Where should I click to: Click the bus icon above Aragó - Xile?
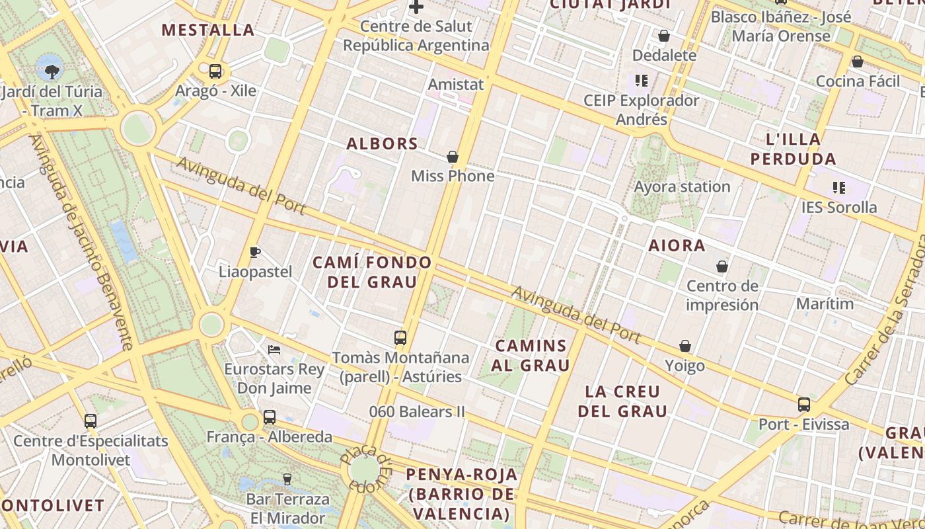[215, 71]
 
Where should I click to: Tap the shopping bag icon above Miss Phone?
[453, 157]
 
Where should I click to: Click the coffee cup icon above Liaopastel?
[255, 252]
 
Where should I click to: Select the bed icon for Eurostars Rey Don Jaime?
[274, 349]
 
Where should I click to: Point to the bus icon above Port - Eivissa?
[804, 404]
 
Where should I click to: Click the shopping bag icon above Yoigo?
[685, 346]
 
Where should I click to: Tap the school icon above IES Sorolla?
[839, 188]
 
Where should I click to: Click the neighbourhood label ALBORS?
[383, 143]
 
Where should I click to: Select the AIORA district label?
[677, 245]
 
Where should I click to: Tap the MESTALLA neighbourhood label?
[208, 30]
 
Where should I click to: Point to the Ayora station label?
[682, 186]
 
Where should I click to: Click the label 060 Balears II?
[417, 411]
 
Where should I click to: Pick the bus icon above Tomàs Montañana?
[400, 338]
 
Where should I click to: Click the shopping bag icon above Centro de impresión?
[722, 266]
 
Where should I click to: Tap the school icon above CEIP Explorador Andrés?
[641, 81]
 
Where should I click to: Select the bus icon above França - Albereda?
[269, 417]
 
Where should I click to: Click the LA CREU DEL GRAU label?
[622, 401]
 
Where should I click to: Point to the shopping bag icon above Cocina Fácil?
[858, 61]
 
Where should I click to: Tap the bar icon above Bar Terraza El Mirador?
[287, 479]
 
